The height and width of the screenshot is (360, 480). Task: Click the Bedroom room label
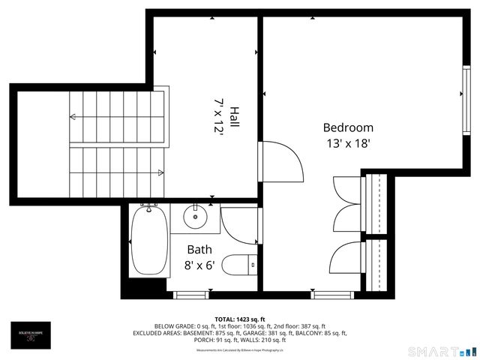tap(348, 127)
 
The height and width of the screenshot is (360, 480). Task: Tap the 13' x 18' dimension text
tap(348, 144)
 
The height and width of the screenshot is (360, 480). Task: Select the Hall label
tap(234, 117)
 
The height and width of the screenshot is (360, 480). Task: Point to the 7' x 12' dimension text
tap(219, 117)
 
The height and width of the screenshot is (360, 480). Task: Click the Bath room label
tap(199, 250)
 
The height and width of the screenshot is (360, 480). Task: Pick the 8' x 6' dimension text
tap(199, 265)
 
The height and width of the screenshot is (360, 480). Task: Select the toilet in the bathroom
tap(241, 265)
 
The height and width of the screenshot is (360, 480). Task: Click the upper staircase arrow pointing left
tap(73, 116)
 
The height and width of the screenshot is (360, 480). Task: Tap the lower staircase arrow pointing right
tap(160, 172)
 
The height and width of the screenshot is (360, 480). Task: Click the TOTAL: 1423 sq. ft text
tap(240, 319)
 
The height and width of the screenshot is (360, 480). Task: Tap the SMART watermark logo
tap(442, 351)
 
